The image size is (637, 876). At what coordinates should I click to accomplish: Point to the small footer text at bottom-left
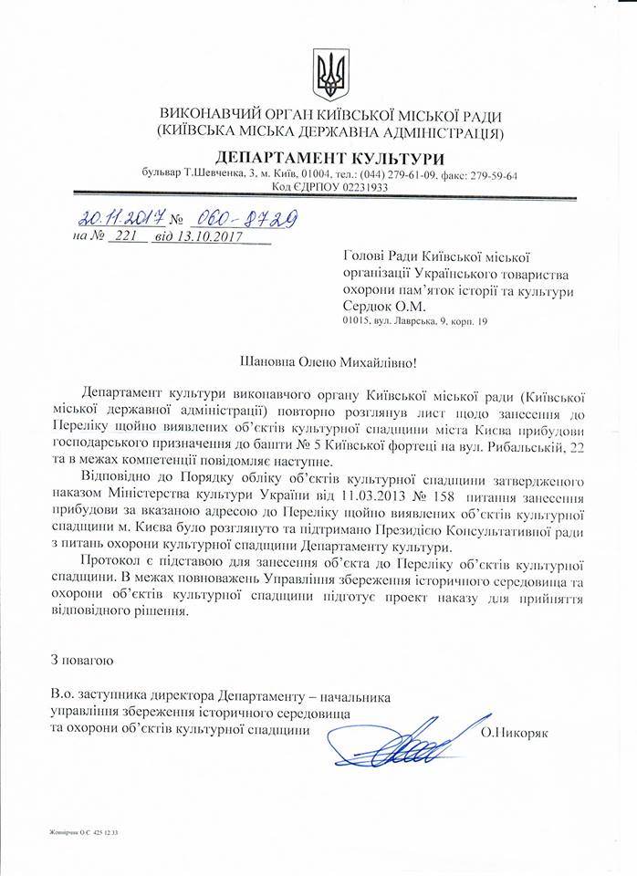click(78, 831)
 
